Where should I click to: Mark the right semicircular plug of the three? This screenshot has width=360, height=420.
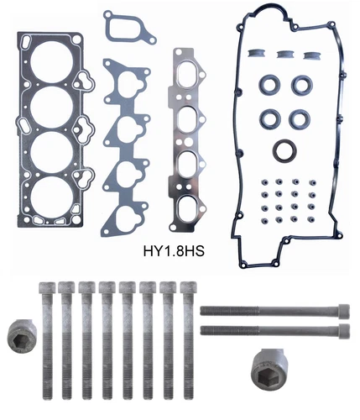(x=312, y=55)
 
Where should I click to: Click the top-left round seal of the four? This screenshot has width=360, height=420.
(x=271, y=85)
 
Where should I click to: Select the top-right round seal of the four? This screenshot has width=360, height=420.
(x=301, y=85)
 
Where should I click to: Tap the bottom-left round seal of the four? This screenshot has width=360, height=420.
(x=271, y=115)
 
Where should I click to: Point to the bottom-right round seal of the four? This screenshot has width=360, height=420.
(x=301, y=115)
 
